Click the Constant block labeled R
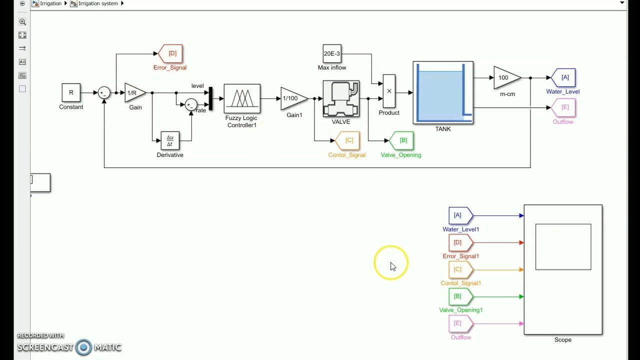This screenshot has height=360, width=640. (71, 92)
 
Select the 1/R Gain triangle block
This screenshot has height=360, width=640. (133, 93)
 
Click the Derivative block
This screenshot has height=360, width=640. (170, 141)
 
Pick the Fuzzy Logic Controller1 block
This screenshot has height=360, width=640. (242, 98)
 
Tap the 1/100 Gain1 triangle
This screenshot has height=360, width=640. (292, 98)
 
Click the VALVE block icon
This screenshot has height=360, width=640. (341, 98)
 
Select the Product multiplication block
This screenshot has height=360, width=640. (389, 91)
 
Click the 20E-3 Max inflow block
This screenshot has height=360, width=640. (332, 53)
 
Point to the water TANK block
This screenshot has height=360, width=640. (443, 92)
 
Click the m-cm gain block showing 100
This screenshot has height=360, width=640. (505, 77)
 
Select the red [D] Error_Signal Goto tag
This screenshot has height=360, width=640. (170, 53)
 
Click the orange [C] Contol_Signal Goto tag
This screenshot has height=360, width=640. (347, 140)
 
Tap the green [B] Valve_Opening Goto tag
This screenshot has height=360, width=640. (401, 140)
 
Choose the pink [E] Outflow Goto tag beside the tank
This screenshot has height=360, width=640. (563, 107)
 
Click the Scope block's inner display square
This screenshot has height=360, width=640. (563, 247)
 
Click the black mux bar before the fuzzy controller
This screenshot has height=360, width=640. (210, 98)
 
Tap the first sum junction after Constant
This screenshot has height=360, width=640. (104, 93)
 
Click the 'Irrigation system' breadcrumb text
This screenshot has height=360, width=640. (98, 3)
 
